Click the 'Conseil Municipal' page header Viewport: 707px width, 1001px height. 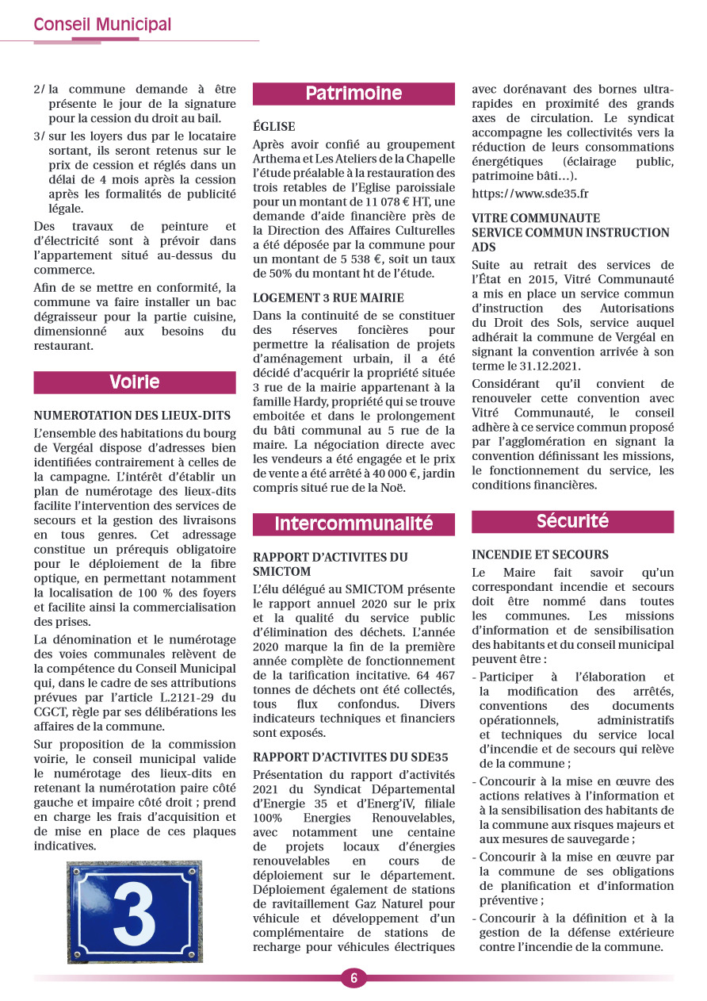pyautogui.click(x=102, y=25)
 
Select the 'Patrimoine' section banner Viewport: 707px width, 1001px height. pyautogui.click(x=353, y=94)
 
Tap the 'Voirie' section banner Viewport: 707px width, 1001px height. pyautogui.click(x=135, y=382)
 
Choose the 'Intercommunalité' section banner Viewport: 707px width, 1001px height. pyautogui.click(x=353, y=524)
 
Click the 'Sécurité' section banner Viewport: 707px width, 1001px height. pyautogui.click(x=572, y=521)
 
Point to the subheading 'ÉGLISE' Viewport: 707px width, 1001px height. pyautogui.click(x=274, y=126)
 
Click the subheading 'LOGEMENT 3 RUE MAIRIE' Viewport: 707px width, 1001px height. pyautogui.click(x=328, y=298)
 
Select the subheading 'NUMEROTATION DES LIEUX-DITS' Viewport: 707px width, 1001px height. pyautogui.click(x=132, y=415)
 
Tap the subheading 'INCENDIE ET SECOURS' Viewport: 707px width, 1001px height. pyautogui.click(x=541, y=554)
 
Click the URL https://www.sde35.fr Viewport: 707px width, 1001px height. pyautogui.click(x=530, y=194)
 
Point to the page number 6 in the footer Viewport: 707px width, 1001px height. pyautogui.click(x=353, y=978)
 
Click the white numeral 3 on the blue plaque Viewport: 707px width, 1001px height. pyautogui.click(x=134, y=912)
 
